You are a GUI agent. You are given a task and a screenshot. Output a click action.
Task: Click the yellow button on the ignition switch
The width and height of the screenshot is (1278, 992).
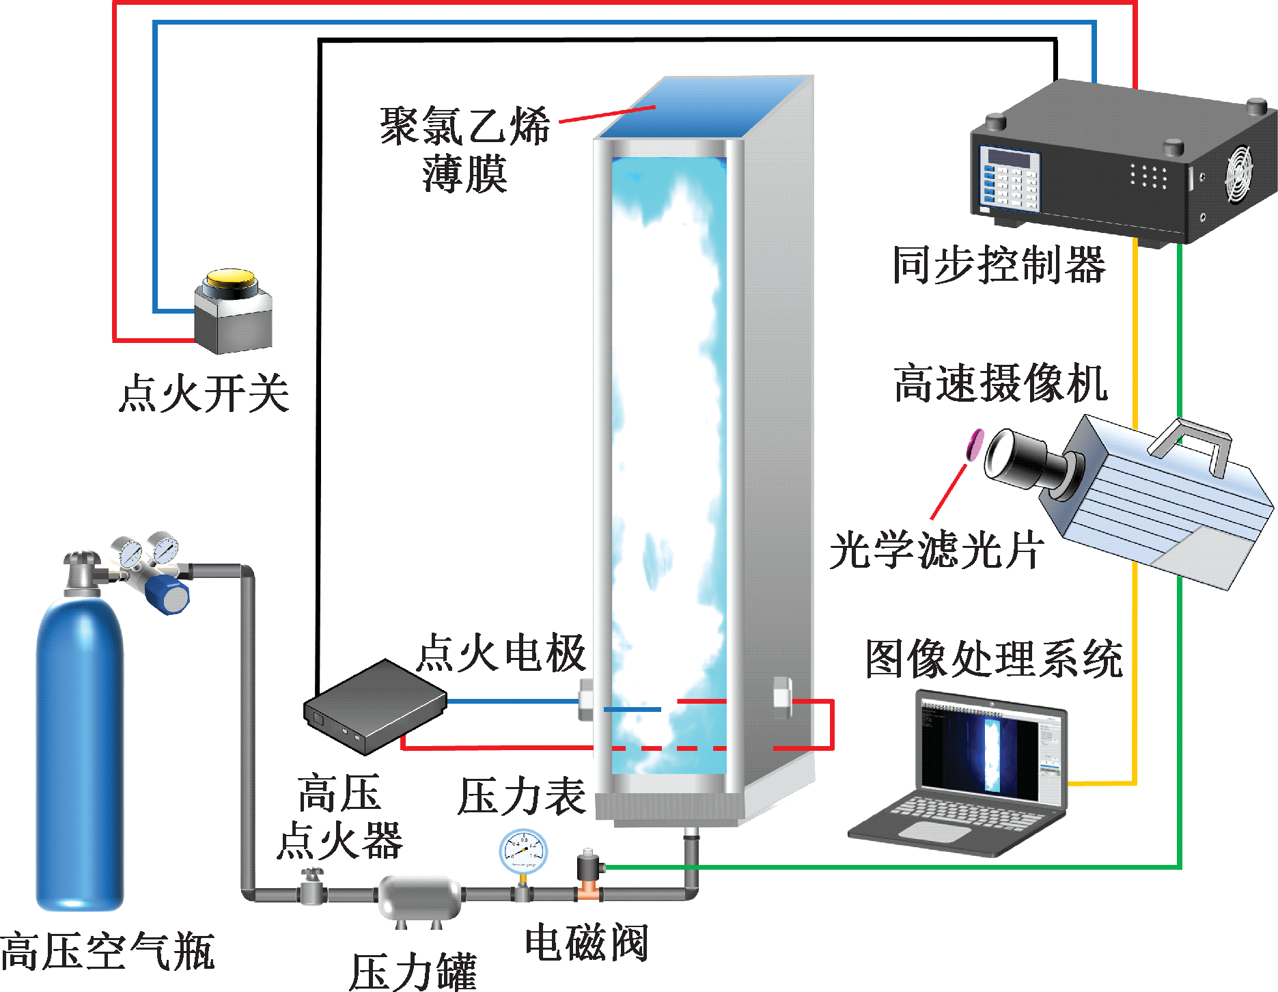click(231, 277)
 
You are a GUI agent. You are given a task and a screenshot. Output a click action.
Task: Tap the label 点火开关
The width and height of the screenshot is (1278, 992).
click(204, 394)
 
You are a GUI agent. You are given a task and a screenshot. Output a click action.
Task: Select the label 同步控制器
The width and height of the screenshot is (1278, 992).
click(999, 265)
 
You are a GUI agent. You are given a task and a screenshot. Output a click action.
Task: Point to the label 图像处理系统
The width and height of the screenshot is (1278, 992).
click(994, 659)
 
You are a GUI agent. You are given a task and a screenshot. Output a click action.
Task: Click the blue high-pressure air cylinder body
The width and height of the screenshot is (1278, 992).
click(79, 752)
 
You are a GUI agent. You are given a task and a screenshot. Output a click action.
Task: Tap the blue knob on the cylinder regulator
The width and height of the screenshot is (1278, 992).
click(167, 594)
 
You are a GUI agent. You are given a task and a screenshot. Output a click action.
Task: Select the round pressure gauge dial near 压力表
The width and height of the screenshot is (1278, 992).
click(523, 851)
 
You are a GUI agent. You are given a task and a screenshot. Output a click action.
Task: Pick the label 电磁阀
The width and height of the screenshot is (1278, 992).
click(586, 943)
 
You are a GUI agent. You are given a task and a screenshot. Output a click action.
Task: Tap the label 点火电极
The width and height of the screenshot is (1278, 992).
click(502, 653)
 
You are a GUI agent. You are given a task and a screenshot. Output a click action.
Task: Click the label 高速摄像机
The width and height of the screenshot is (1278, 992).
click(1000, 383)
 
